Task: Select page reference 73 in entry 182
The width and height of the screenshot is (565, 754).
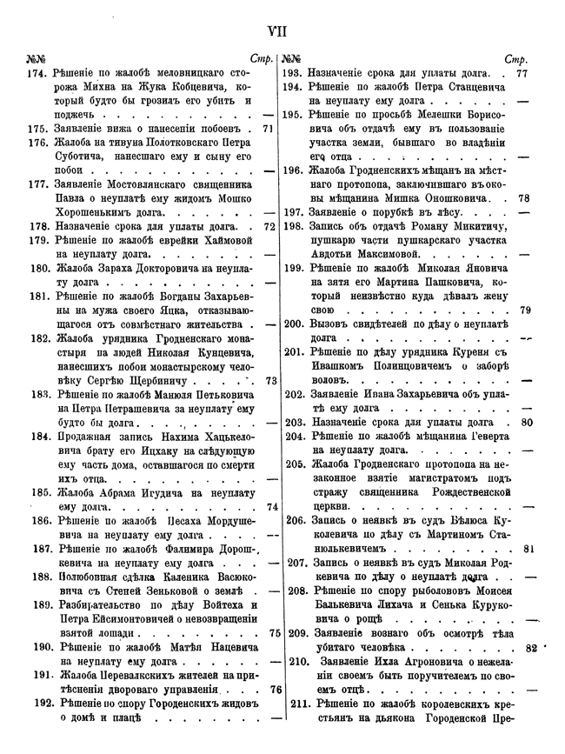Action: coord(270,380)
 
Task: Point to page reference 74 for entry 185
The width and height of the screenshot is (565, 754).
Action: coord(270,506)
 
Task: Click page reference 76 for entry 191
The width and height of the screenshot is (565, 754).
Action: coord(270,689)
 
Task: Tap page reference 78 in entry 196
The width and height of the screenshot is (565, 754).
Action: coord(523,197)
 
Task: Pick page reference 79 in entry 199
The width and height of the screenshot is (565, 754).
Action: coord(525,310)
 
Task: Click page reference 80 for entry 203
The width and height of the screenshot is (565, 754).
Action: coord(525,423)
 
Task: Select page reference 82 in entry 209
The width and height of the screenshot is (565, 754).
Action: coord(532,648)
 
